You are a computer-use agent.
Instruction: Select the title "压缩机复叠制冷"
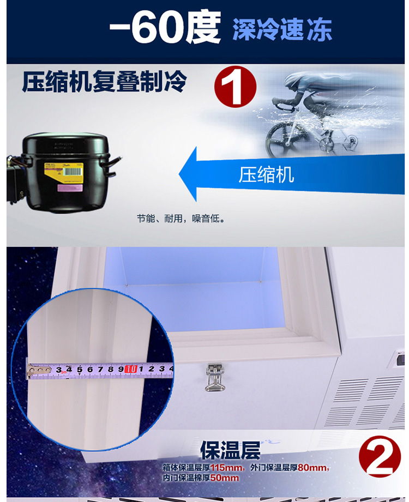coord(104,83)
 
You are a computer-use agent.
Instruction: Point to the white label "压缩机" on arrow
coord(266,174)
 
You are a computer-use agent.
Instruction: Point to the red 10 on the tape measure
coord(130,369)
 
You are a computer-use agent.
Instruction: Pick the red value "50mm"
coord(225,478)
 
